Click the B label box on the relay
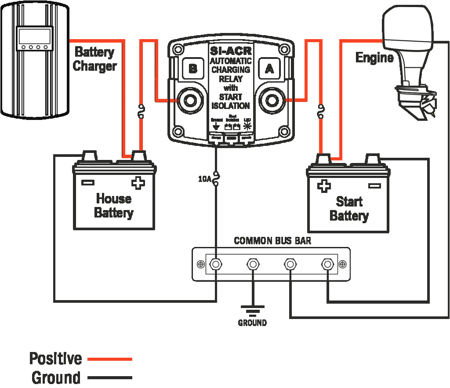tap(192, 69)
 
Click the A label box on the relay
tap(269, 69)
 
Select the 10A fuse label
tap(204, 179)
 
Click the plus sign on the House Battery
tap(138, 183)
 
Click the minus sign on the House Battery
tap(88, 182)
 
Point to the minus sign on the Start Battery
tap(374, 186)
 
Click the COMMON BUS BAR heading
tap(272, 241)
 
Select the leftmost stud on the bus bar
tap(215, 264)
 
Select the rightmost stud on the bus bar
tap(327, 264)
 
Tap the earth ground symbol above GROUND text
tap(252, 311)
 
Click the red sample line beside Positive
tap(110, 359)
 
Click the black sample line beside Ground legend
tap(110, 377)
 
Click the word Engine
tap(374, 58)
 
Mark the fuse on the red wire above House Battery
tap(141, 112)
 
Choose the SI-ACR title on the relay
tap(230, 51)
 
